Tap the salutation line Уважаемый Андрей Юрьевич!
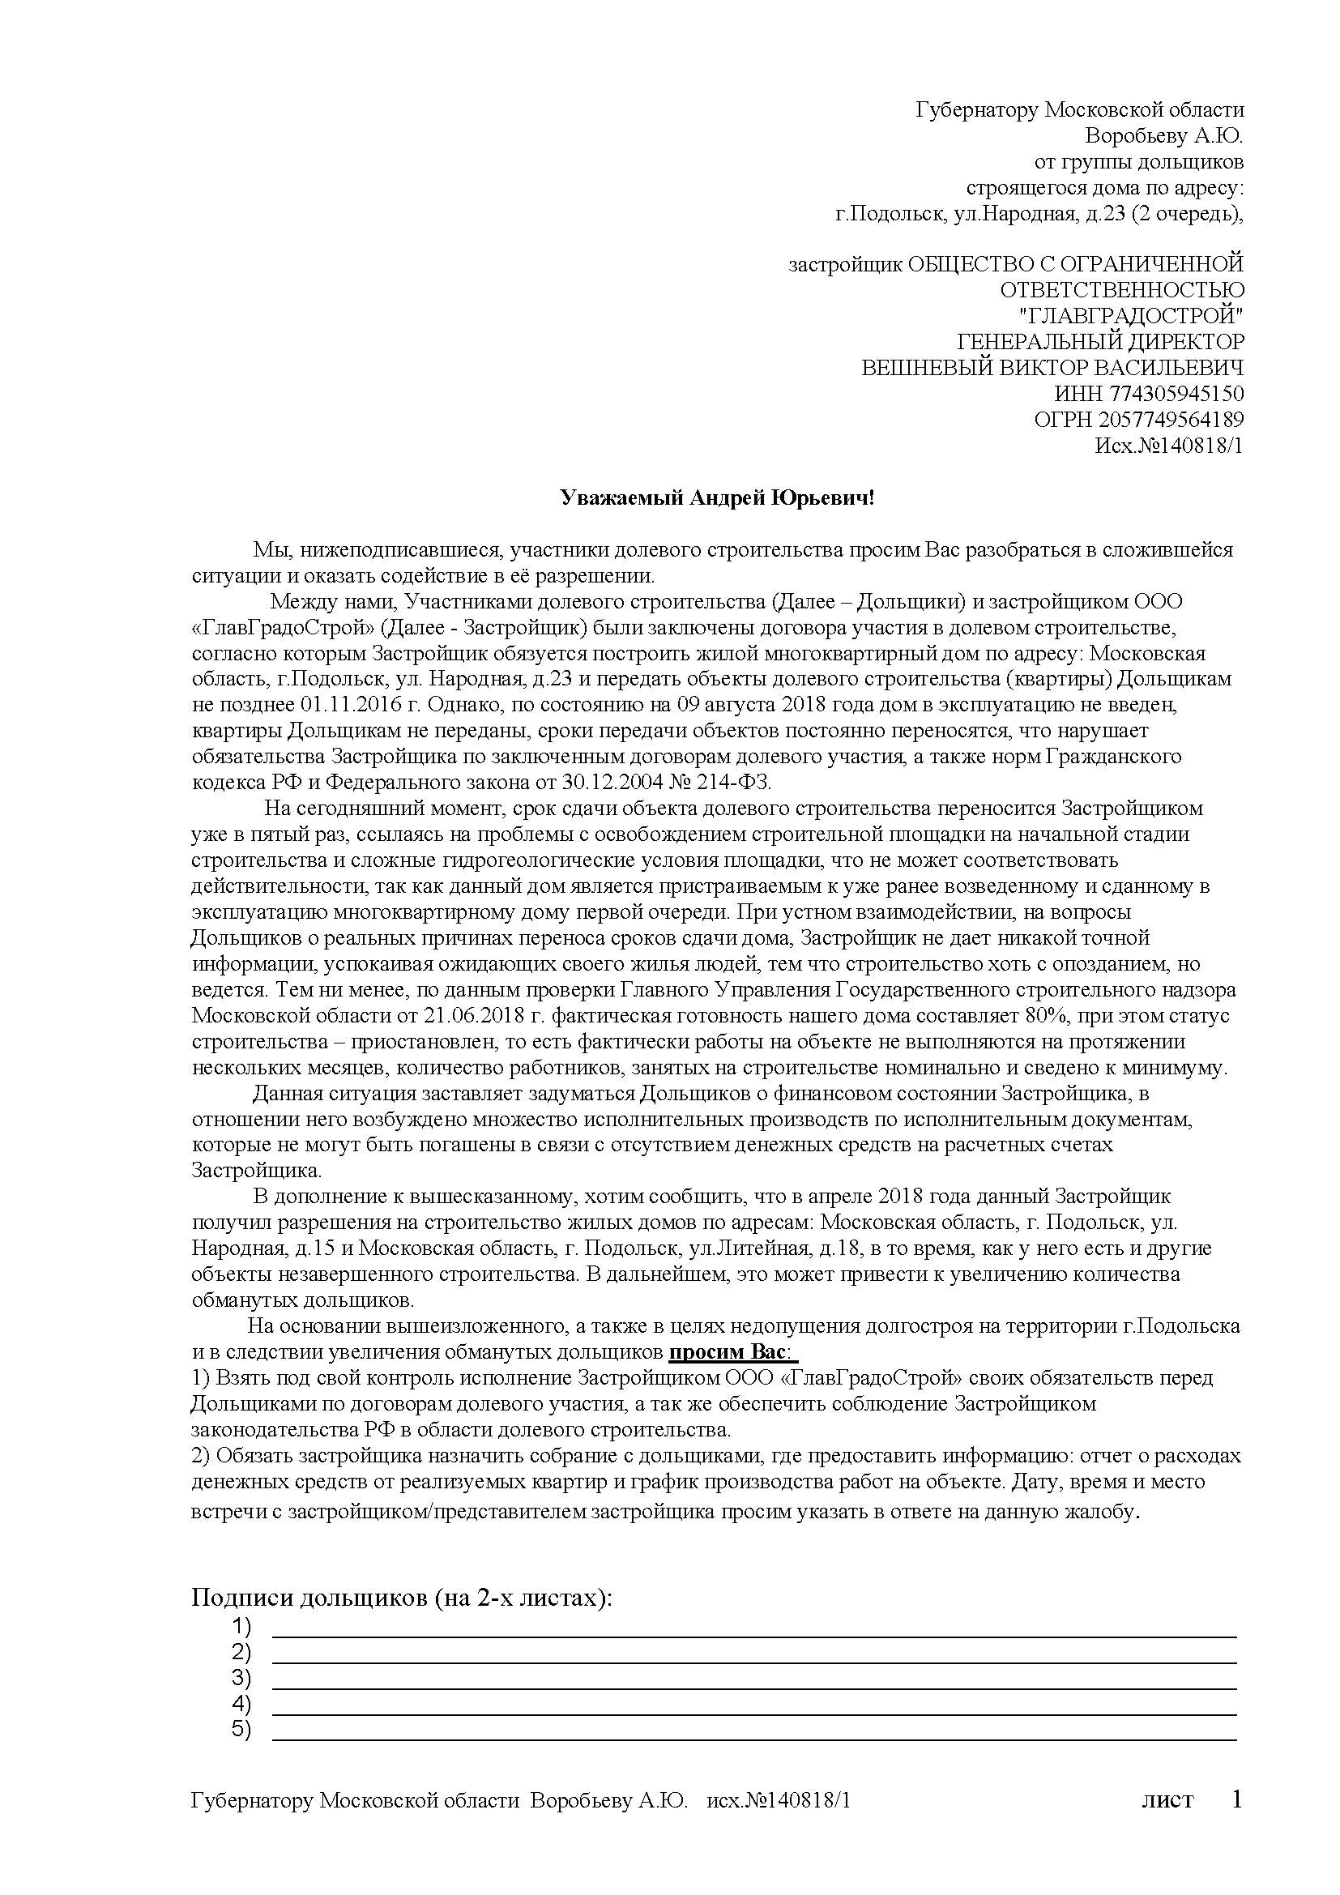[x=715, y=497]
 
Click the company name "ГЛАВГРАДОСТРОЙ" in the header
[x=1131, y=316]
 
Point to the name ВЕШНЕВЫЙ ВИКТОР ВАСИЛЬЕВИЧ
[x=1052, y=368]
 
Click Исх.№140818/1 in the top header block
[x=1167, y=446]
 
